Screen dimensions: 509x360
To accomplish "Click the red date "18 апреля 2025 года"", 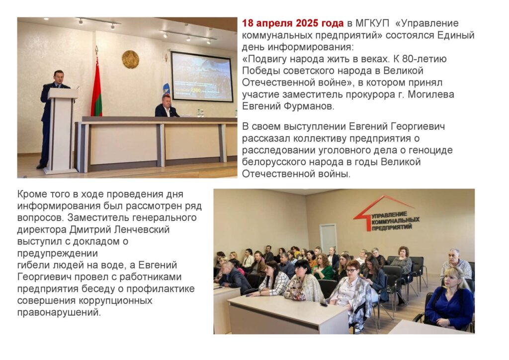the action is pyautogui.click(x=292, y=23).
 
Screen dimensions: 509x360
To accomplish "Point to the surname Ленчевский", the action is pyautogui.click(x=142, y=230).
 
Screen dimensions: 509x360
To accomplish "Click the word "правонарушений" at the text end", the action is pyautogui.click(x=59, y=312).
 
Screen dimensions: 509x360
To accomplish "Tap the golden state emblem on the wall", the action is pyautogui.click(x=130, y=59).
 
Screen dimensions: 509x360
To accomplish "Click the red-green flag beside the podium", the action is pyautogui.click(x=96, y=85).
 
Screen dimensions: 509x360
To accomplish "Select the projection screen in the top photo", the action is pyautogui.click(x=201, y=77).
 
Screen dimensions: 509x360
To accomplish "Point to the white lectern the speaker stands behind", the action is pyautogui.click(x=62, y=130).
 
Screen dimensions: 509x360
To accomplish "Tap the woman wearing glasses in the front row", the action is pyautogui.click(x=352, y=292).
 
